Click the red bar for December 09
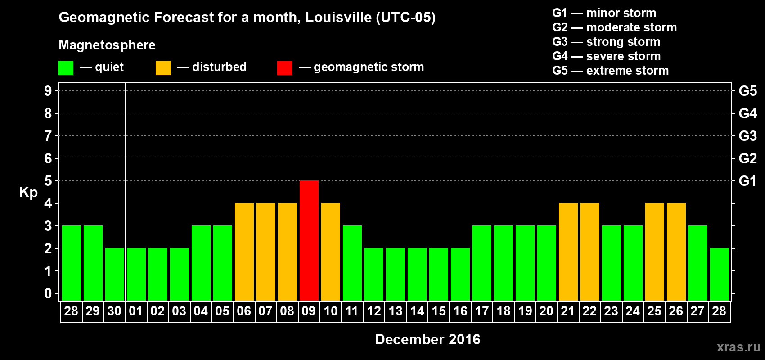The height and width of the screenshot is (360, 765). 309,240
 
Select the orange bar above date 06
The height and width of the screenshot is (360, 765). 244,252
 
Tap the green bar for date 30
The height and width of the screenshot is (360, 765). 115,274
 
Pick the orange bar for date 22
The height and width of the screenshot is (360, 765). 590,252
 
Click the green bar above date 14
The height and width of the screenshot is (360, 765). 417,274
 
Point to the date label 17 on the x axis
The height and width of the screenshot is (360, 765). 481,311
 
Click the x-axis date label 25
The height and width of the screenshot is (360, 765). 654,311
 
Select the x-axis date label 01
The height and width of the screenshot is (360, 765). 136,311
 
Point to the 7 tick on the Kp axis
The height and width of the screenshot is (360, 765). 48,136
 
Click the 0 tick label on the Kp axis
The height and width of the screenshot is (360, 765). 48,293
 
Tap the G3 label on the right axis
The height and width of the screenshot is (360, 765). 747,136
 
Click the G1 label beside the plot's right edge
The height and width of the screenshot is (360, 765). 747,181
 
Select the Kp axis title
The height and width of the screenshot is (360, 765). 28,193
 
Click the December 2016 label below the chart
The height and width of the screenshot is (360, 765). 427,339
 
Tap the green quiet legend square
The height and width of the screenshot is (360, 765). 66,68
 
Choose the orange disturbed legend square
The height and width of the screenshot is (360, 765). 163,68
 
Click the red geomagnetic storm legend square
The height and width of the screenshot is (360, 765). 284,68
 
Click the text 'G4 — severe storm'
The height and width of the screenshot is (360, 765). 606,56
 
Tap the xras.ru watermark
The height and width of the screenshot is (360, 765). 738,347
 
